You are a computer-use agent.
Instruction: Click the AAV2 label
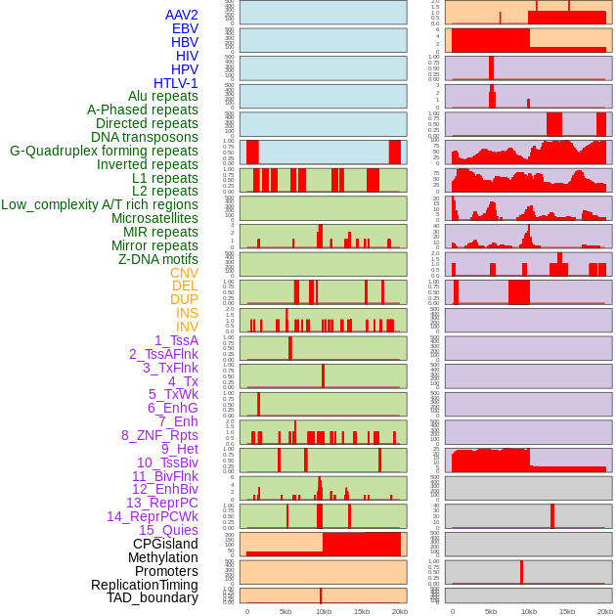181,15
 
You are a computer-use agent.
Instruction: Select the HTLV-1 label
175,83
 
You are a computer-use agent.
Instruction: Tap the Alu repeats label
163,96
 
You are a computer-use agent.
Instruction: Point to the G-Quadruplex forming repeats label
104,151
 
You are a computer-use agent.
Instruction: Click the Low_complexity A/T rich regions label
100,204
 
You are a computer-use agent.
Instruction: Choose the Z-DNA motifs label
158,259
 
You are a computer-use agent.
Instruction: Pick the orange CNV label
184,273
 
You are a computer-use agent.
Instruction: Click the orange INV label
187,327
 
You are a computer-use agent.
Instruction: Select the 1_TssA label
176,340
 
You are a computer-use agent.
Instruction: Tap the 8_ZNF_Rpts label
159,435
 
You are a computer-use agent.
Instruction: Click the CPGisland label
165,544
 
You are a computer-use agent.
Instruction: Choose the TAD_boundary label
153,597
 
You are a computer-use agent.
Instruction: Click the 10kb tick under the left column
323,611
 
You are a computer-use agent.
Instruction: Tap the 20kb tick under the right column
605,611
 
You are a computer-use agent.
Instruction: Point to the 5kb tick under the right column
491,611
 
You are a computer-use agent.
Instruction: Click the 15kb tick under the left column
362,611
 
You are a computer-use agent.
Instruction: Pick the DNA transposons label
145,137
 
